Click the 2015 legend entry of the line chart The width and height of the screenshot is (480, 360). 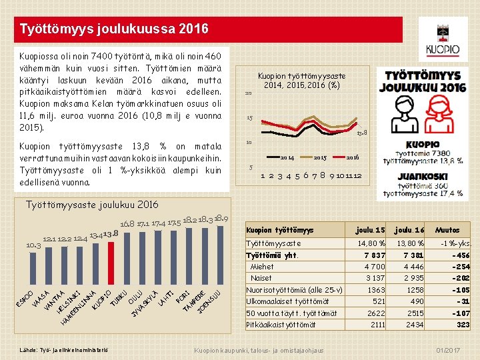pos(319,157)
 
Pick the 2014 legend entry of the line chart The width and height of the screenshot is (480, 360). pos(287,157)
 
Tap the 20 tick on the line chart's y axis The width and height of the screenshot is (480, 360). pos(248,93)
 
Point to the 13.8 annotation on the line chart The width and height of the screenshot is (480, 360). pos(362,133)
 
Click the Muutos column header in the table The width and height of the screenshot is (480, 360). pos(447,230)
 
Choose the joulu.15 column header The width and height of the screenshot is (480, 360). pos(369,230)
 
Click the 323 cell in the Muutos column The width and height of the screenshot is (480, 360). pos(461,325)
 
